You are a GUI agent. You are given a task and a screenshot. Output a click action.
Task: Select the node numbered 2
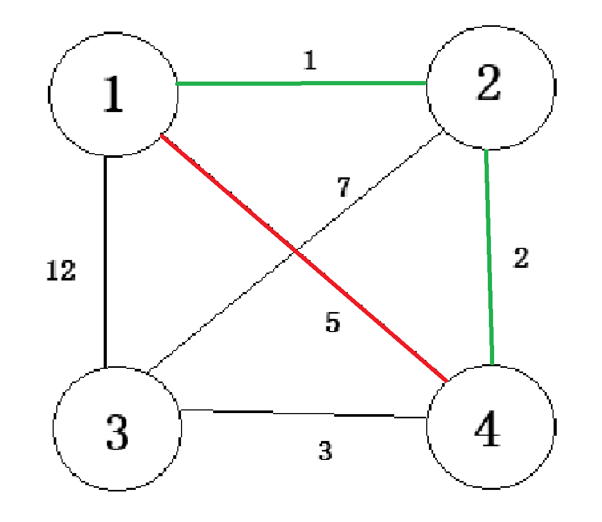pos(489,87)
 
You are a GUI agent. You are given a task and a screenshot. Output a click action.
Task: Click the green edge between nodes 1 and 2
pos(301,83)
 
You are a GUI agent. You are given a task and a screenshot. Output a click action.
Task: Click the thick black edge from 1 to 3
pos(106,263)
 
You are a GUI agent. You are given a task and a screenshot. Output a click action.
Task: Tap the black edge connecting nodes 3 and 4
pos(303,414)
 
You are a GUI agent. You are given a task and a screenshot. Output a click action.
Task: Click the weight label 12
pos(61,272)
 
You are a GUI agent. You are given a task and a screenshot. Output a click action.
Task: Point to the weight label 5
pos(333,323)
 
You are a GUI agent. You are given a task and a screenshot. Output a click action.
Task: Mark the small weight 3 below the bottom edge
pos(326,450)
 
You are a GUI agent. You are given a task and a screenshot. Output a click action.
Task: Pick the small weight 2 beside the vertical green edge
pos(520,258)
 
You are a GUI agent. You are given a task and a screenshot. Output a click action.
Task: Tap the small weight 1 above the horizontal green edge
pos(310,62)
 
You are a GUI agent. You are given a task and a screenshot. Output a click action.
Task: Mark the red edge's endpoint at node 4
pos(445,380)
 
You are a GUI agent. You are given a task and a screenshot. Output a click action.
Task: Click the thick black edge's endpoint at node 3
pos(106,367)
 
